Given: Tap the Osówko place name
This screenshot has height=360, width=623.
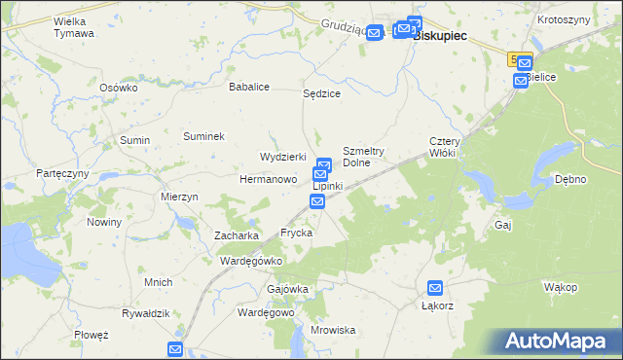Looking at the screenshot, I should click(120, 87).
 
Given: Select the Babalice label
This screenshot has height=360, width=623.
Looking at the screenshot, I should click(248, 87).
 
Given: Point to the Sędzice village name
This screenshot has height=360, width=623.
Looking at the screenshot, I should click(321, 94).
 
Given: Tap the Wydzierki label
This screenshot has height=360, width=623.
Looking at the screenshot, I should click(282, 157).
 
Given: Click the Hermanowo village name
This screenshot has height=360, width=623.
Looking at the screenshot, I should click(268, 180).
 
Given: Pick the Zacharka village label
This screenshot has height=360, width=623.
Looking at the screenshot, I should click(237, 235).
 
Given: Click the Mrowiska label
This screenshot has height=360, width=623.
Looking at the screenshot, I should click(334, 330).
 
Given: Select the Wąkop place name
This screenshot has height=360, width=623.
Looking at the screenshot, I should click(562, 287).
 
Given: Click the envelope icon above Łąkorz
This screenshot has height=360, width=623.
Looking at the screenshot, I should click(435, 288).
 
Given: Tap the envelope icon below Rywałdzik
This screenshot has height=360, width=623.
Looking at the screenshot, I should click(175, 348).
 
